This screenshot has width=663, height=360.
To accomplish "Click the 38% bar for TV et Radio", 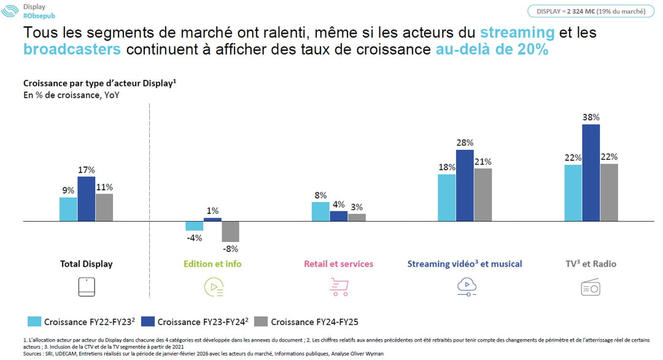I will (591, 172).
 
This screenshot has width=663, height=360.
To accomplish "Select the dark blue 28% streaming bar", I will (465, 185).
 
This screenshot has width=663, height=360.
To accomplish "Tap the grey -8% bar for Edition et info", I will (230, 231).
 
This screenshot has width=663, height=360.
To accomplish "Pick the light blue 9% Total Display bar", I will (68, 209).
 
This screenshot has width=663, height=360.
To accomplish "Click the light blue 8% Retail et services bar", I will (320, 211).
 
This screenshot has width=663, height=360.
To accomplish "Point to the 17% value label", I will (86, 170).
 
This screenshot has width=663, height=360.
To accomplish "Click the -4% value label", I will (194, 238).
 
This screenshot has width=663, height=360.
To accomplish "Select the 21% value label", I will (483, 162).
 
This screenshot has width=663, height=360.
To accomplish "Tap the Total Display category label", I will (86, 264).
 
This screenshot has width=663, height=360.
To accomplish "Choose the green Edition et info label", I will (212, 264).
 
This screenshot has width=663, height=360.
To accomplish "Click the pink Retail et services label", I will (338, 264).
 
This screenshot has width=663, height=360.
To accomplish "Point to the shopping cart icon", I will (339, 287).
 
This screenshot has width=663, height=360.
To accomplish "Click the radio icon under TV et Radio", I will (591, 287).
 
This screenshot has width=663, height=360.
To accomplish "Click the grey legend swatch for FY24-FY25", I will (260, 321).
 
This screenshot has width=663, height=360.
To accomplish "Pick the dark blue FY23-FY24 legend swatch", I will (147, 321).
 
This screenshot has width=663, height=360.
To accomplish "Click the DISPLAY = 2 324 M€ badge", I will (591, 10).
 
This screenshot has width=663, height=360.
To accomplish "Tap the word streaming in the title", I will (517, 32).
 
